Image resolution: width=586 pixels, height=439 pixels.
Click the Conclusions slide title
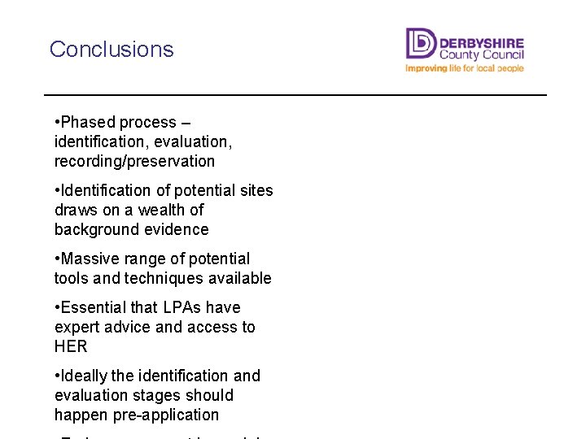pos(112,49)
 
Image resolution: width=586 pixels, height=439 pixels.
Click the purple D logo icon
pos(421,44)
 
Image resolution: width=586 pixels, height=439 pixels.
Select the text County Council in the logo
pos(482,54)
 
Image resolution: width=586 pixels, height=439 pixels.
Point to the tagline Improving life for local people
pos(465,68)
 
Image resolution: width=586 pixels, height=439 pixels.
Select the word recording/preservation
pos(134,161)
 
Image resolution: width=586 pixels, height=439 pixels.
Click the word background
pos(92,229)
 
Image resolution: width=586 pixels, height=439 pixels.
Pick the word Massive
pos(90,259)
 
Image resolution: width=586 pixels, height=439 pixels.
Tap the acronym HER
pos(71,346)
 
